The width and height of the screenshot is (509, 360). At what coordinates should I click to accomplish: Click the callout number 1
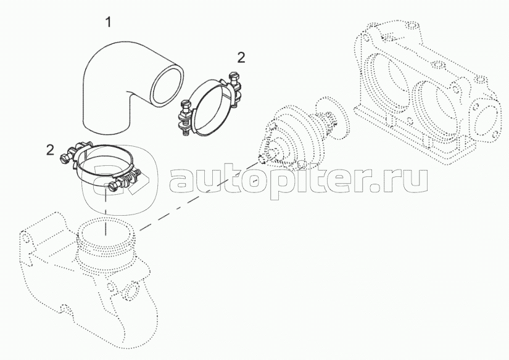pos(109,22)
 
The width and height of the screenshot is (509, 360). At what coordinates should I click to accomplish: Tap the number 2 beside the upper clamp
pos(241,58)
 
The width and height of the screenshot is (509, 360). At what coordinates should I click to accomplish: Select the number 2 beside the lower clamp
pos(50,150)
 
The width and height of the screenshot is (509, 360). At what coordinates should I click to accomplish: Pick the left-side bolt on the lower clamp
pos(65,157)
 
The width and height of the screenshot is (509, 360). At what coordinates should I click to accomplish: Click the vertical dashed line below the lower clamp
pos(106,211)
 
